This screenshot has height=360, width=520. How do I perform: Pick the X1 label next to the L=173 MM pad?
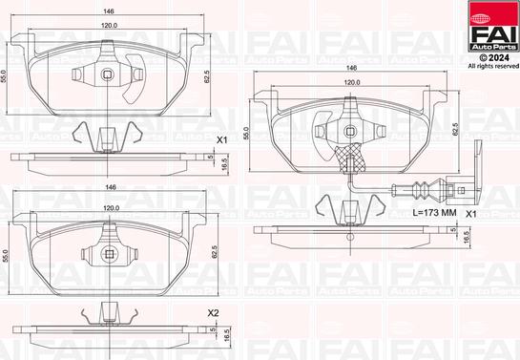[x=470, y=215]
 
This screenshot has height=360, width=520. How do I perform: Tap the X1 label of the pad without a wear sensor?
[x=222, y=140]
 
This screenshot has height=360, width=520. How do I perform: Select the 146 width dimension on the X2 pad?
[x=110, y=189]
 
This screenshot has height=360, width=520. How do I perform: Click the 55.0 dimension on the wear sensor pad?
[x=247, y=134]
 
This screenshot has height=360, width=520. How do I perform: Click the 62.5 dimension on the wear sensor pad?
[x=467, y=130]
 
